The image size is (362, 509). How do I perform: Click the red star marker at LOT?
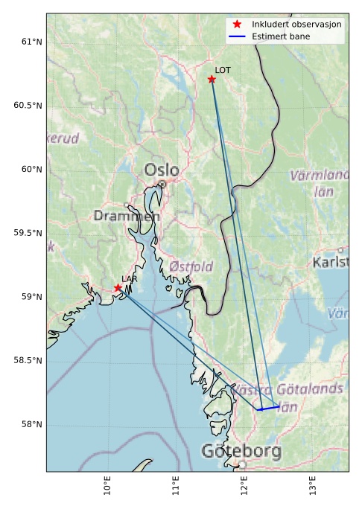coord(212,79)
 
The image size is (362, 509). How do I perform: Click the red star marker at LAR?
coord(118,287)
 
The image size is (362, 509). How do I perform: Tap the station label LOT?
coord(223,70)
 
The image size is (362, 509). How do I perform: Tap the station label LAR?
coord(130,279)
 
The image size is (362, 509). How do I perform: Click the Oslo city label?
coord(162,170)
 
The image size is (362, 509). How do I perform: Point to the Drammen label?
coord(127,216)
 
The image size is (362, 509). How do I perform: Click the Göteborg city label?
coord(231,451)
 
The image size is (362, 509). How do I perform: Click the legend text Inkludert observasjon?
coord(296,25)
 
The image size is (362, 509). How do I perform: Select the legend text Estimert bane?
coord(280,36)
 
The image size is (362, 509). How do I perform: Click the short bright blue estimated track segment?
coord(269,408)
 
